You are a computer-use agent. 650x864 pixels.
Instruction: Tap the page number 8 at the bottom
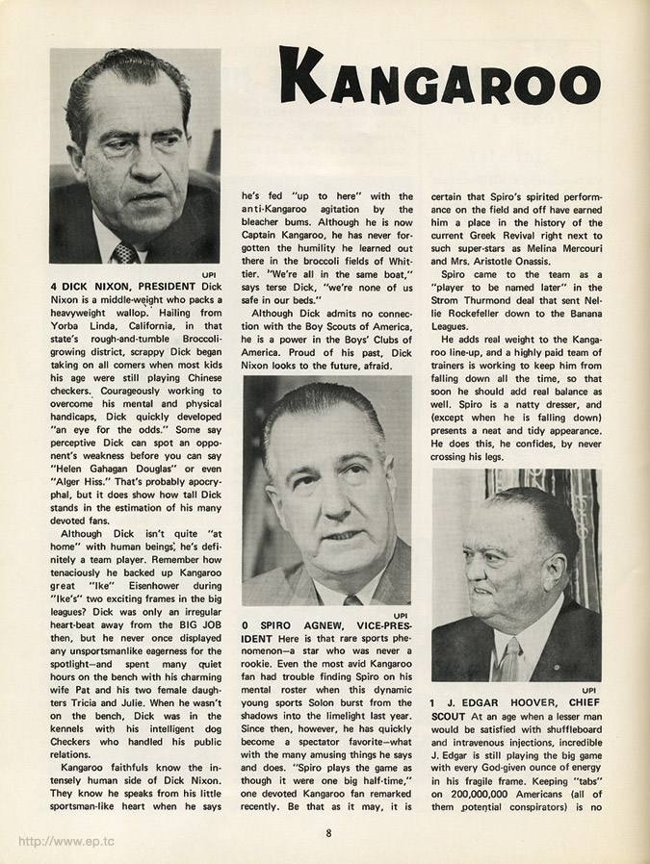[x=328, y=834]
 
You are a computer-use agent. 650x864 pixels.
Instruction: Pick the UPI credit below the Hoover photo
[x=590, y=690]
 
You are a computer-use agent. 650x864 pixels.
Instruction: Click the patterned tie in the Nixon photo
[x=124, y=252]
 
